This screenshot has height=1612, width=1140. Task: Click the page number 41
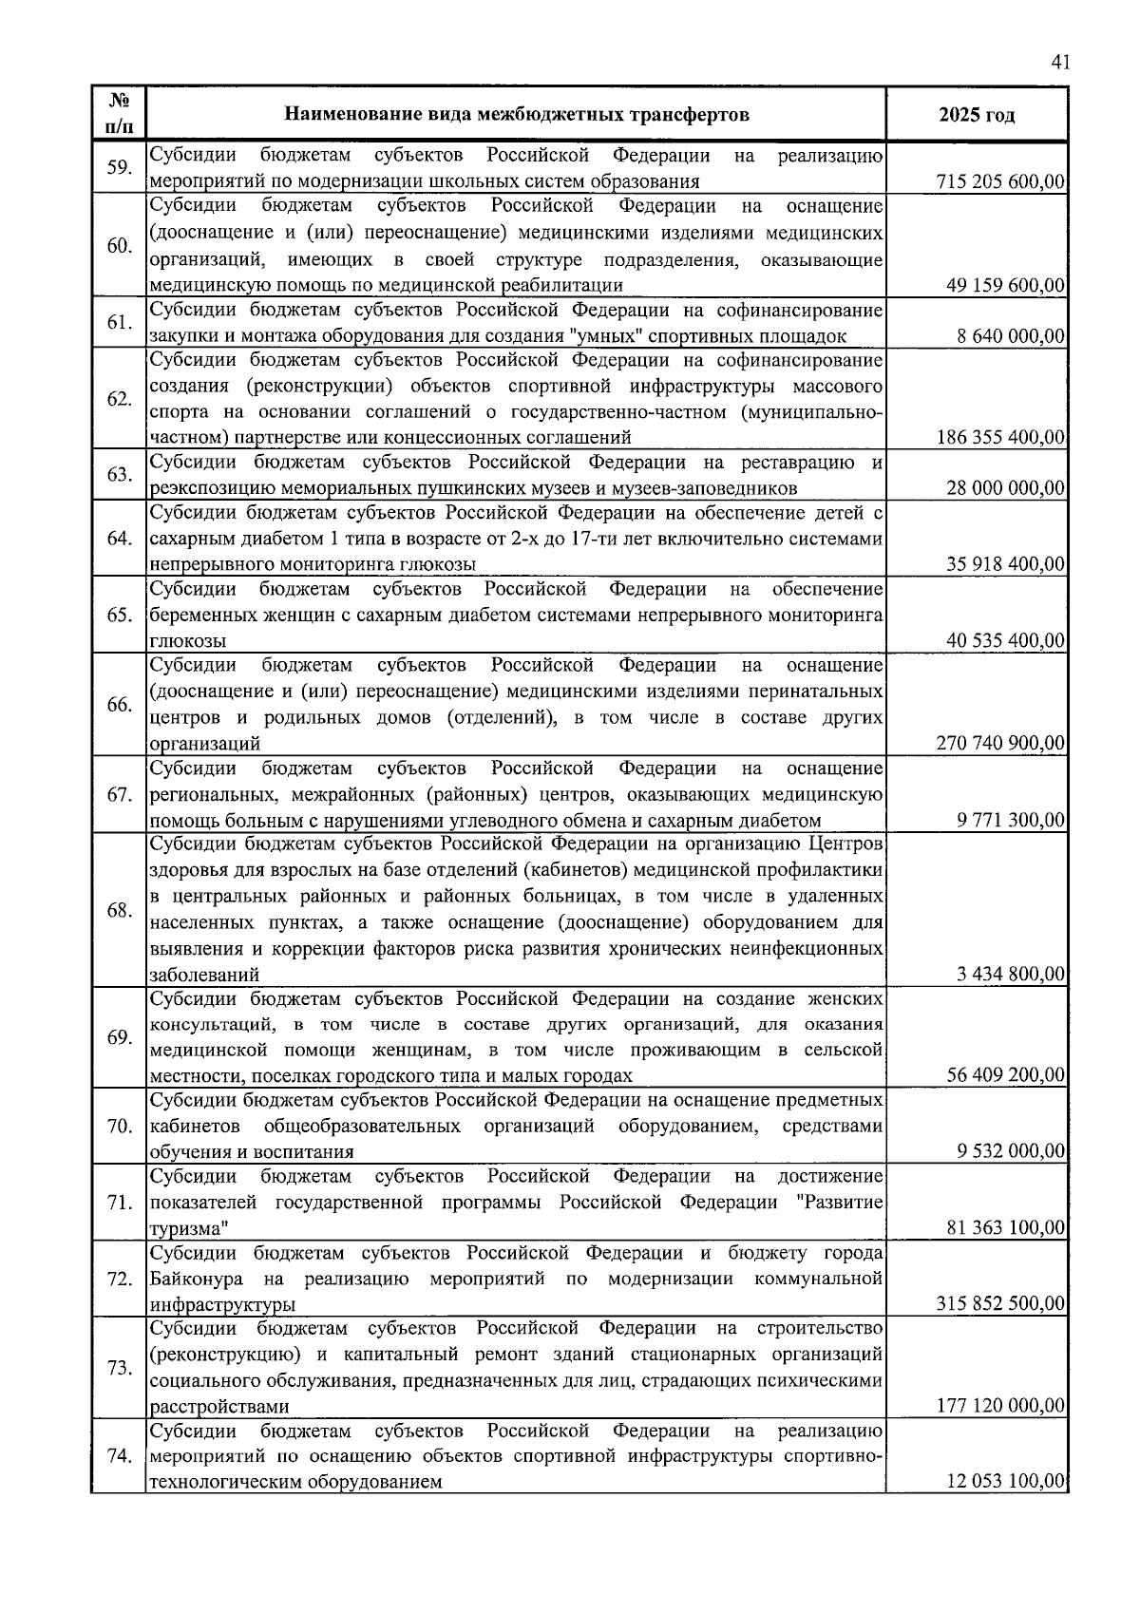pyautogui.click(x=1061, y=63)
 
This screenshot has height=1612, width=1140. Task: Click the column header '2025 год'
pyautogui.click(x=977, y=115)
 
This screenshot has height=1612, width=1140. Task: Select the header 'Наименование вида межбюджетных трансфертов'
pyautogui.click(x=517, y=115)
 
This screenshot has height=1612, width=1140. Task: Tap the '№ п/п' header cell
pyautogui.click(x=119, y=114)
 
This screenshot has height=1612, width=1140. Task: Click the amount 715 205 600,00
pyautogui.click(x=1000, y=182)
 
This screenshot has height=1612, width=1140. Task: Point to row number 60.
pyautogui.click(x=119, y=246)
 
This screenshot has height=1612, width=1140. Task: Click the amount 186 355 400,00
pyautogui.click(x=1000, y=438)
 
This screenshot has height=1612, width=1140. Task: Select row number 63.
pyautogui.click(x=119, y=475)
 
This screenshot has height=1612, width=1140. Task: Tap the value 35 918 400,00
pyautogui.click(x=1005, y=565)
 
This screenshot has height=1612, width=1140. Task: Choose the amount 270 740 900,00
pyautogui.click(x=1000, y=744)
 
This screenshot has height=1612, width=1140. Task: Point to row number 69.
pyautogui.click(x=119, y=1036)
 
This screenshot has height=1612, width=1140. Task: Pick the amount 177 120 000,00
pyautogui.click(x=1000, y=1406)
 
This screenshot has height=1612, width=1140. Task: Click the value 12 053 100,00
pyautogui.click(x=1005, y=1482)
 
